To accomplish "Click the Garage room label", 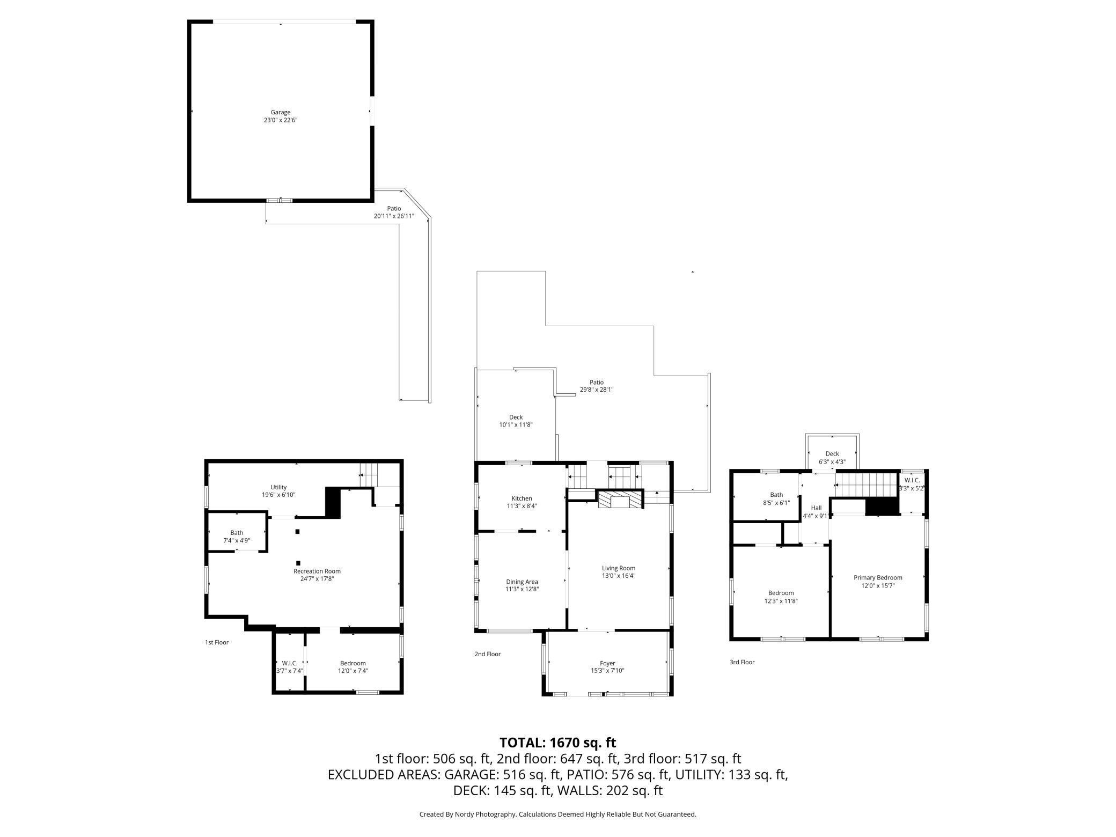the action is [x=280, y=112].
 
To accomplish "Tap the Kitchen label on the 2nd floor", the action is [x=522, y=498].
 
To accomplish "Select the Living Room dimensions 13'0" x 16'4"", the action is [x=619, y=576].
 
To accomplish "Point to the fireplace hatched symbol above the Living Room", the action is [x=621, y=500].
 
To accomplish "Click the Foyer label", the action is [x=607, y=663].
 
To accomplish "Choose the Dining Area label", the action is [x=522, y=582].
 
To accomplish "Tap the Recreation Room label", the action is [x=317, y=571].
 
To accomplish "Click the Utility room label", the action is [x=278, y=487].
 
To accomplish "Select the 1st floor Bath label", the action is [x=237, y=533].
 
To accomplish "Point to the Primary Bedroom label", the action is [x=878, y=578].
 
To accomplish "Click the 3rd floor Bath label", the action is [x=776, y=495].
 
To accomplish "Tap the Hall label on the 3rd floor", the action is [x=816, y=508].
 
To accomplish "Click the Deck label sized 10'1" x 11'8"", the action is [x=516, y=417].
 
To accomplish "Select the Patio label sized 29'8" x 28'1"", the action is [x=597, y=383].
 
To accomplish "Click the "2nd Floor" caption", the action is [x=487, y=654].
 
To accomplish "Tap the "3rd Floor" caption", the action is [x=742, y=662].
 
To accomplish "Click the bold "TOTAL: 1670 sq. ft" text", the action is [x=557, y=743].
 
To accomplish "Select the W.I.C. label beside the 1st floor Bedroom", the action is [x=290, y=663].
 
